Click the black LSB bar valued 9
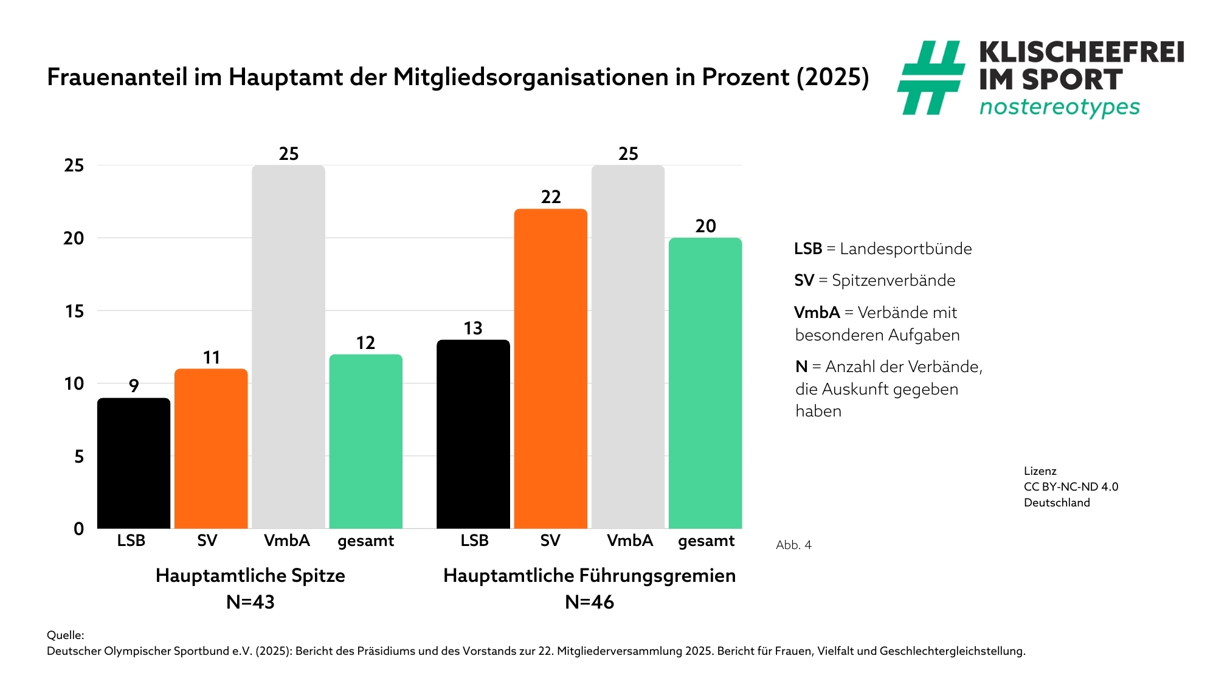coord(134,463)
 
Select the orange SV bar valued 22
coord(550,368)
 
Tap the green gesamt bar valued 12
coord(365,441)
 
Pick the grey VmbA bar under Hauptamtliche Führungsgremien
coord(627,347)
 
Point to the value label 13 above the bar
coord(473,328)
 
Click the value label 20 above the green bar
coord(705,226)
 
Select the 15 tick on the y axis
coord(74,311)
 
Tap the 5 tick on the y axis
coord(79,457)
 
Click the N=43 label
coord(250,602)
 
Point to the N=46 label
coord(589,602)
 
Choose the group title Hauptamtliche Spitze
coord(250,575)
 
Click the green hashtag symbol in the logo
coord(930,78)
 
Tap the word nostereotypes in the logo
coord(1059,107)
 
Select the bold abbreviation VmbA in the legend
coord(817,313)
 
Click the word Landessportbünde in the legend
coord(905,249)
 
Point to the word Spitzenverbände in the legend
coord(893,280)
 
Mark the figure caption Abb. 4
coord(793,545)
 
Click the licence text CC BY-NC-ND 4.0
coord(1071,486)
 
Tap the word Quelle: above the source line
coord(66,635)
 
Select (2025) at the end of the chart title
coord(833,77)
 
